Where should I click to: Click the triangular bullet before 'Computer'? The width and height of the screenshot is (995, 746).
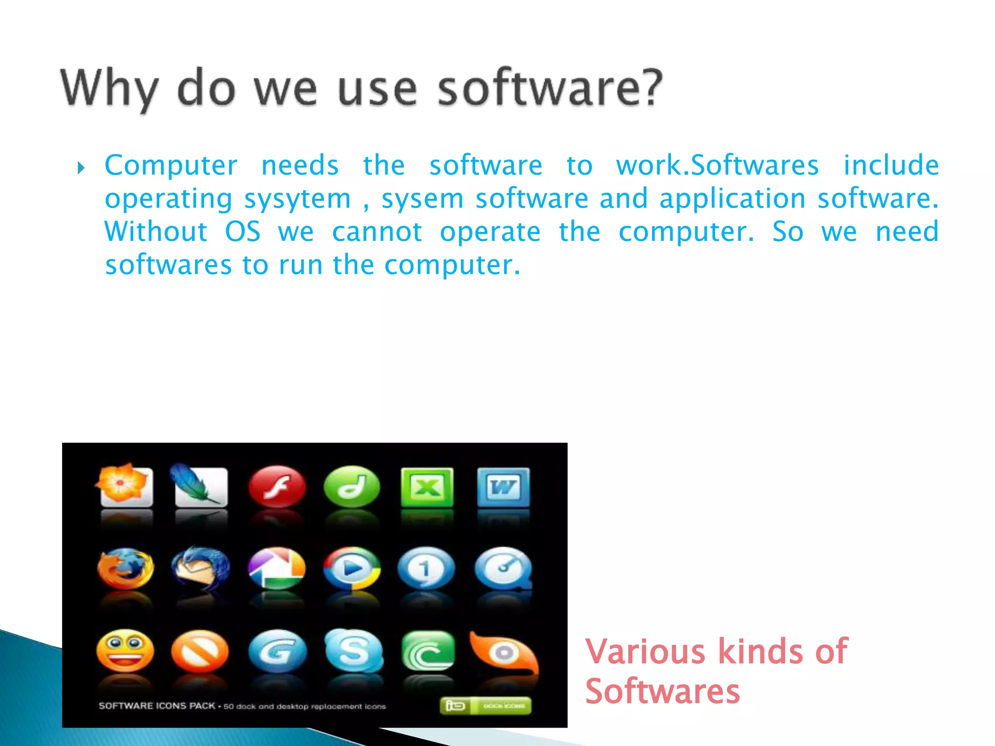81,169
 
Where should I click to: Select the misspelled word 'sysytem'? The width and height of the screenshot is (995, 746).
297,199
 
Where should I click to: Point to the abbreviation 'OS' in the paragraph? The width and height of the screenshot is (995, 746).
242,232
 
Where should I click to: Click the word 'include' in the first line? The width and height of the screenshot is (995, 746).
891,165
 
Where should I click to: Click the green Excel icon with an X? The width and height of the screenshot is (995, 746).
427,487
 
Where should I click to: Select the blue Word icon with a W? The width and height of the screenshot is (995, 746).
503,487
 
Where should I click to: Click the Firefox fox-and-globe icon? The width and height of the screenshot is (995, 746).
125,568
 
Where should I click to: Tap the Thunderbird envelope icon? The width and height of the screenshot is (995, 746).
201,568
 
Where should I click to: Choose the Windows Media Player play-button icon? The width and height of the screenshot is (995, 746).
352,568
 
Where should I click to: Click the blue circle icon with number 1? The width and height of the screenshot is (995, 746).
426,568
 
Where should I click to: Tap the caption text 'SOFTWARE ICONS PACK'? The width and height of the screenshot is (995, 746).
156,706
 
